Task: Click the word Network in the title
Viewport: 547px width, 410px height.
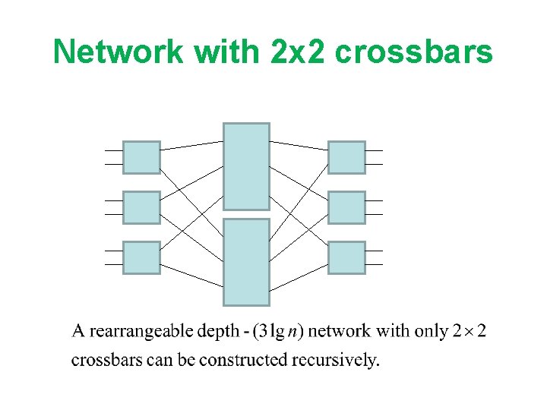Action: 119,52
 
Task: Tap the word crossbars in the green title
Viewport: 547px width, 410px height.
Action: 413,52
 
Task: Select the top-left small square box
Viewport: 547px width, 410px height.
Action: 141,157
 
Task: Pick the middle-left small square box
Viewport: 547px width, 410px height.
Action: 141,207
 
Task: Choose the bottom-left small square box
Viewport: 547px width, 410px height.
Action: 141,257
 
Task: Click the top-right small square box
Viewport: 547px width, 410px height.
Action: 346,157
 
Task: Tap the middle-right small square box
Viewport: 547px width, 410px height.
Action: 346,207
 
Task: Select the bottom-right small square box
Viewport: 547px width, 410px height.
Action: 346,257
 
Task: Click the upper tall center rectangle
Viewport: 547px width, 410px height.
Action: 246,166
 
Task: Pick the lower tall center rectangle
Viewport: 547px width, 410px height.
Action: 246,262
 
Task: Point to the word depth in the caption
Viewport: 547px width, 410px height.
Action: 218,332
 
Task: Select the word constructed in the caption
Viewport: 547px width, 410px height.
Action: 248,360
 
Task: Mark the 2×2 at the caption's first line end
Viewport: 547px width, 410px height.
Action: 470,332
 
